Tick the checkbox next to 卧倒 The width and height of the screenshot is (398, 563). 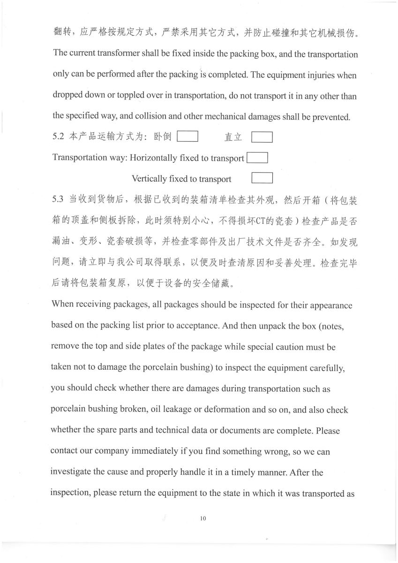188,137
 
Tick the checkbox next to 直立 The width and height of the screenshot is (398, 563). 262,137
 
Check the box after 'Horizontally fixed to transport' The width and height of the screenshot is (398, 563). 257,158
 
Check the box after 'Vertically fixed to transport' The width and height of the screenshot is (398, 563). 262,178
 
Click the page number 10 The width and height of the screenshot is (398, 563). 203,518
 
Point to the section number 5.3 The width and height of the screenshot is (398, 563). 58,199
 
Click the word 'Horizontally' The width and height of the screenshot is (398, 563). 153,158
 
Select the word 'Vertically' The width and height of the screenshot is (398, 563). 149,179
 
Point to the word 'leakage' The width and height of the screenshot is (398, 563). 176,410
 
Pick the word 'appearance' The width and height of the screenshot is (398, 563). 328,305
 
